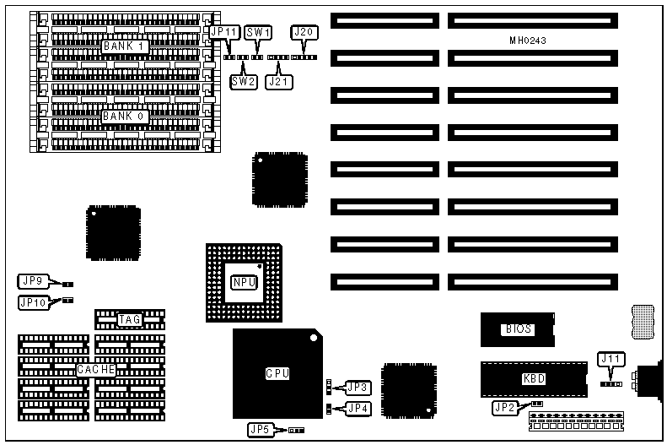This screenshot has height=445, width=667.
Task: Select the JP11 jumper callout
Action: point(223,32)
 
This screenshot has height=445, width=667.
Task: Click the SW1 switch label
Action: point(258,32)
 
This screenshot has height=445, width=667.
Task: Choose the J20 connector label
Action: point(303,32)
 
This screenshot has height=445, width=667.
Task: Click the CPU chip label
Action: point(277,373)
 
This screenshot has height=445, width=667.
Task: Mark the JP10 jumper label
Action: point(34,301)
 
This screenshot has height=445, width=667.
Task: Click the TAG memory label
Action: point(130,319)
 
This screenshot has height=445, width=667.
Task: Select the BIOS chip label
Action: point(517,328)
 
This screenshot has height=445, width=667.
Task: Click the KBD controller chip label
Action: point(533,379)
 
